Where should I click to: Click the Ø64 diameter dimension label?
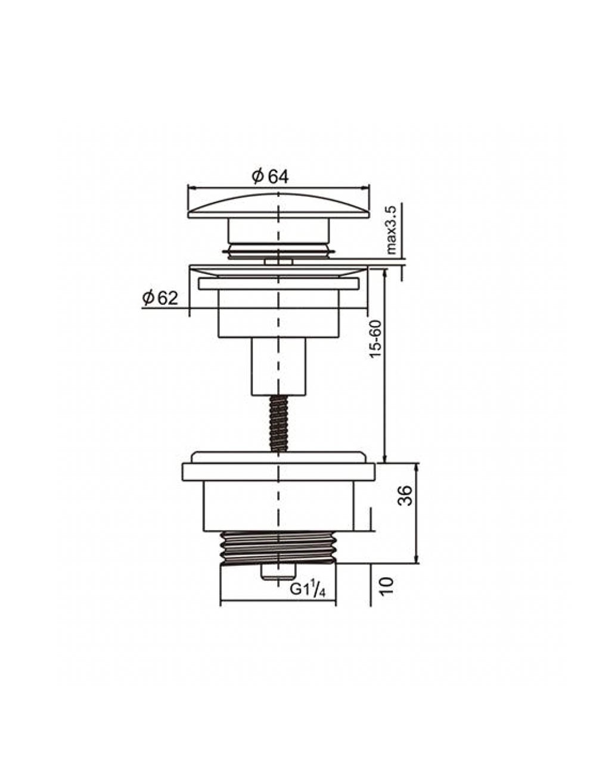270,177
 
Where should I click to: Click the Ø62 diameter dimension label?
160,298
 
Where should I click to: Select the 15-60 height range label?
375,339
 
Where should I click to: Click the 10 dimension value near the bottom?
386,586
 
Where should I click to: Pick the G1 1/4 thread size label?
308,590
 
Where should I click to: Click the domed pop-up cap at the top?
278,206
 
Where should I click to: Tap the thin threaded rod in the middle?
279,424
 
